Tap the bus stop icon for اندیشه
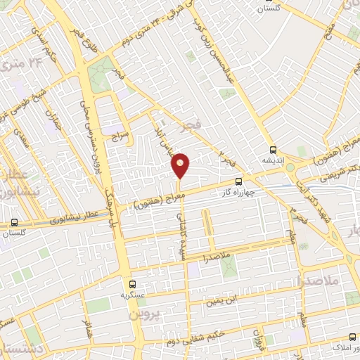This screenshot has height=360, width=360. tap(273, 149)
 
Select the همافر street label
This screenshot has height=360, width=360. tap(87, 328)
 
